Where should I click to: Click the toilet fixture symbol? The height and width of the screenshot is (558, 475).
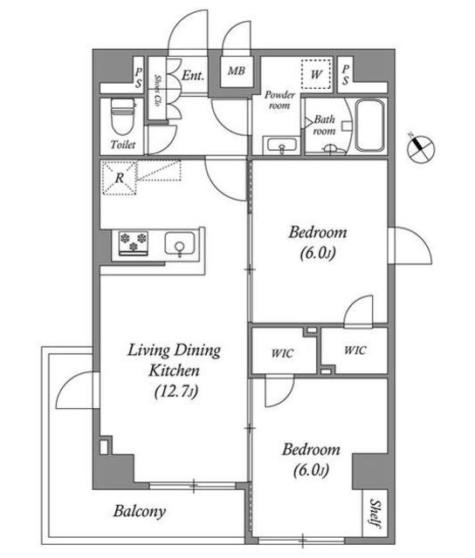point(123,116)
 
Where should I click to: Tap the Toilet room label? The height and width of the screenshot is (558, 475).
point(123,145)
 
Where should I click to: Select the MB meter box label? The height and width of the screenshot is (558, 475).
point(237,71)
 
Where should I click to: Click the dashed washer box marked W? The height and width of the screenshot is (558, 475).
point(316,74)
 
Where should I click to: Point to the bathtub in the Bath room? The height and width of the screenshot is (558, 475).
point(370,126)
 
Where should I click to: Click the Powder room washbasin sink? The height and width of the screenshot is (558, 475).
point(282,146)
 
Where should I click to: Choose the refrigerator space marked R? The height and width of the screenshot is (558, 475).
point(120,178)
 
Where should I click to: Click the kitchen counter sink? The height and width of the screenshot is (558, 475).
point(180,244)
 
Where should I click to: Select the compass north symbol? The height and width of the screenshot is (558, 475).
point(421,148)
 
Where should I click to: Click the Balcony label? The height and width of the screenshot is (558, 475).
point(140,512)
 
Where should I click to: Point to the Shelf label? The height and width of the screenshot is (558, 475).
point(375,514)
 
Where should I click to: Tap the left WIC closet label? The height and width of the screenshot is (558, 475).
point(282,353)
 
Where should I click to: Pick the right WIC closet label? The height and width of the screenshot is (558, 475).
point(355,350)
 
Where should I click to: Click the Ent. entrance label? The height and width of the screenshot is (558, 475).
point(193,76)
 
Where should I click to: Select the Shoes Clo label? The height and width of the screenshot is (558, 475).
point(157,90)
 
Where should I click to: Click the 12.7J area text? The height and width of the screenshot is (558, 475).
point(176,391)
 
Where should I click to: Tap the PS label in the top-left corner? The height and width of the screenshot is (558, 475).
point(138,78)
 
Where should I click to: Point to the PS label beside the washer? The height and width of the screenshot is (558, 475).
point(345,75)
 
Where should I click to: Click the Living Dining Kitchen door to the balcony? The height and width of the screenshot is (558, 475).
point(78,390)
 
